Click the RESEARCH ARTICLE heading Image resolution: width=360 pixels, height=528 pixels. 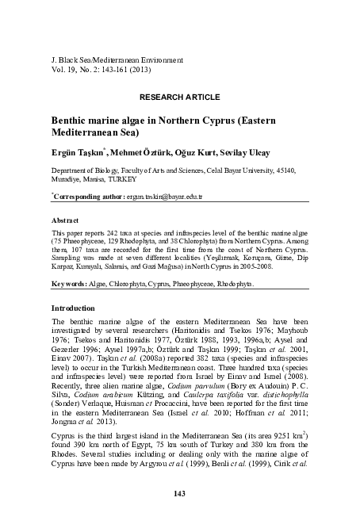(180, 96)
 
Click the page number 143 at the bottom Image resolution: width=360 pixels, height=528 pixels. (180, 494)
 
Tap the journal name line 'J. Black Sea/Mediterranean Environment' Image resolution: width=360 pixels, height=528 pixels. (117, 59)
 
